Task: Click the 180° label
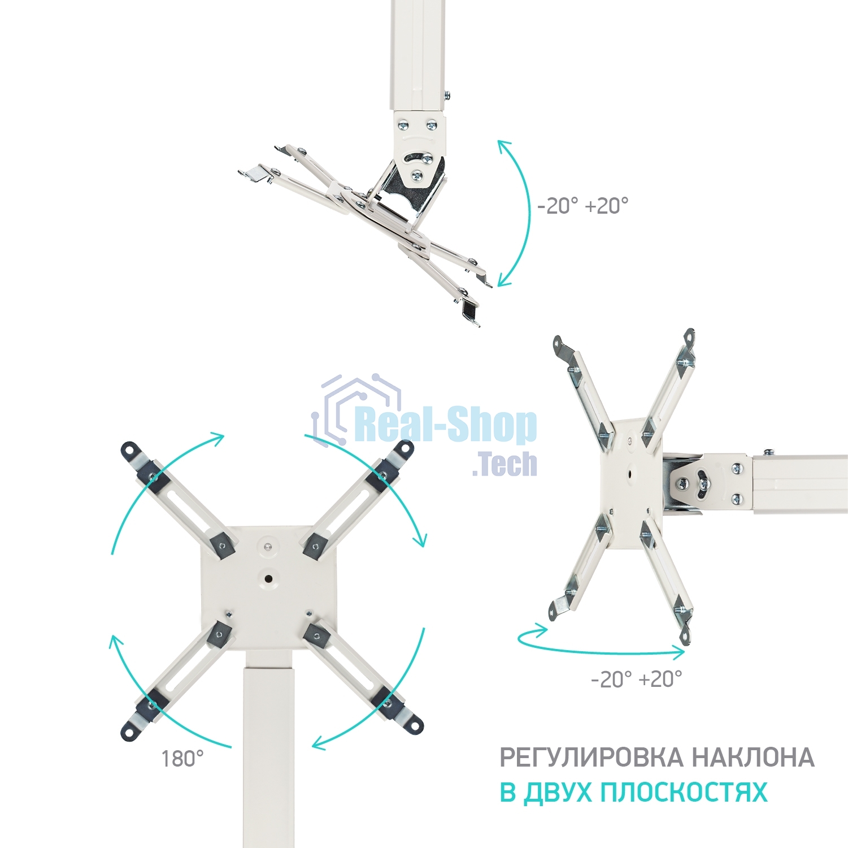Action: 182,759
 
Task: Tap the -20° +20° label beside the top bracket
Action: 582,206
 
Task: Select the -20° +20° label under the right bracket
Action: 636,678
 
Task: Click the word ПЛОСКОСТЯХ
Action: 684,793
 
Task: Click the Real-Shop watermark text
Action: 446,425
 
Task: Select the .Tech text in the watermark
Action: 505,464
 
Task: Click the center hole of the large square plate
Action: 268,578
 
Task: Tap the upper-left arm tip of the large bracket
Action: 129,449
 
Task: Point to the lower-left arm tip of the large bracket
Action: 129,732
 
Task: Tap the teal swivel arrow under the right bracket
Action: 599,647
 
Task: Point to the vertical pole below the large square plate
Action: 269,752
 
